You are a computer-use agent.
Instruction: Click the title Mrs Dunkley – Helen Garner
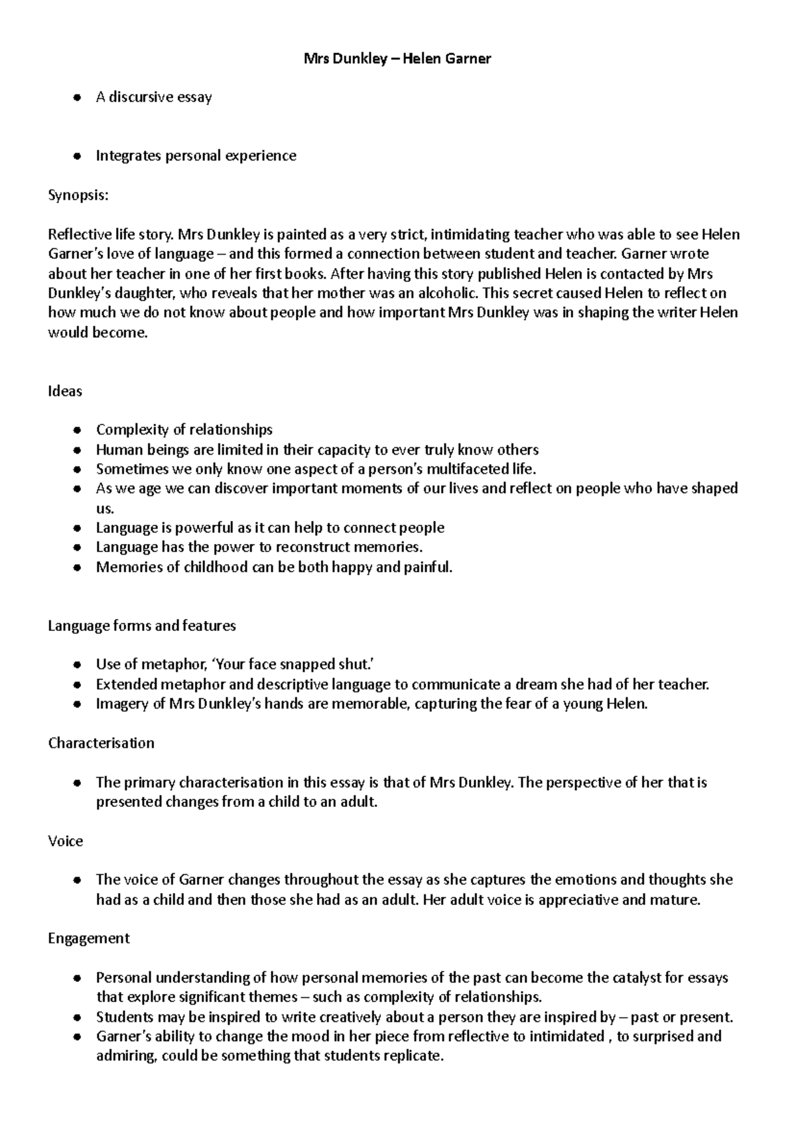pos(397,58)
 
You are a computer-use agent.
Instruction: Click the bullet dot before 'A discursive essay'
pos(78,98)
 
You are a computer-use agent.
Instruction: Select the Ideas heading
pos(65,391)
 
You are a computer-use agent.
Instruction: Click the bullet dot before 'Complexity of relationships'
pos(78,430)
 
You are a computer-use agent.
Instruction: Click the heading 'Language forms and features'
pos(142,626)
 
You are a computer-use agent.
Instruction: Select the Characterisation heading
pos(101,743)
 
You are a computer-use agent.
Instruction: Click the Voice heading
pos(65,841)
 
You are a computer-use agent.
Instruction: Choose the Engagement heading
pos(88,938)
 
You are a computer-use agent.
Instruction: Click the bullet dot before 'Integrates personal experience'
pos(78,157)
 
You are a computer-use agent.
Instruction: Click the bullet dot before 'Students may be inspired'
pos(78,1017)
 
